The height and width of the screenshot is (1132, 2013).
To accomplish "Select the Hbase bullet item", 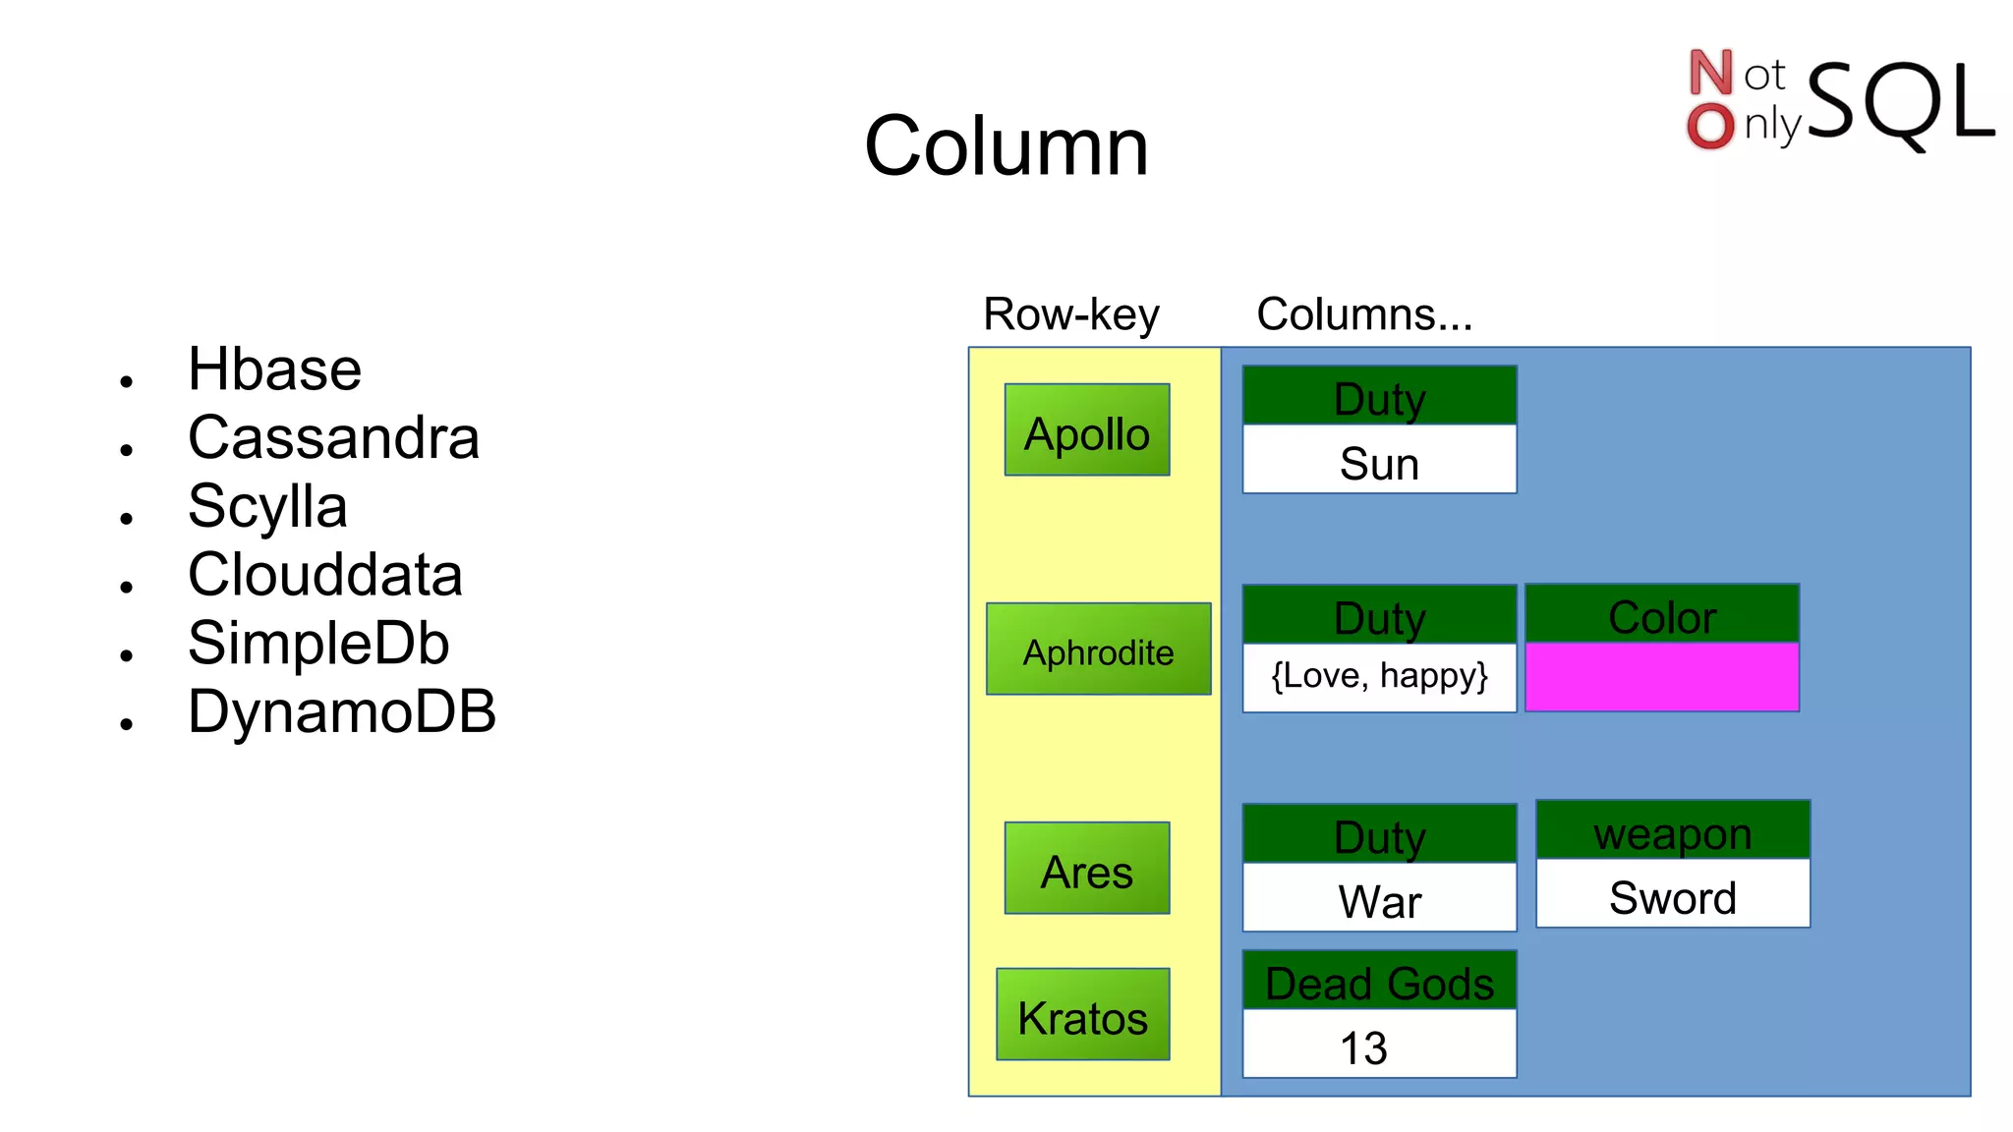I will (274, 369).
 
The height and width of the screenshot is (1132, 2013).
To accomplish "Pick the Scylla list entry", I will (267, 506).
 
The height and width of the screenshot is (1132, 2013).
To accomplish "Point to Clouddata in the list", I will (324, 575).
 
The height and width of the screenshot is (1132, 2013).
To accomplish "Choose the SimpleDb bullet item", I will (318, 644).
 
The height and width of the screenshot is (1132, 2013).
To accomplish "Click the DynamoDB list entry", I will (342, 711).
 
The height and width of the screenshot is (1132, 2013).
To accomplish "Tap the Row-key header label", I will (1070, 314).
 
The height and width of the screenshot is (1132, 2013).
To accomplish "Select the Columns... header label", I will (1364, 314).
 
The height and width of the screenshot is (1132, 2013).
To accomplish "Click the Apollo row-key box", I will (1087, 430).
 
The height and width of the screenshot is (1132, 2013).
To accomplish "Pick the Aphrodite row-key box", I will (1098, 650).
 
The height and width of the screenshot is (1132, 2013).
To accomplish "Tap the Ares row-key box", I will (1087, 869).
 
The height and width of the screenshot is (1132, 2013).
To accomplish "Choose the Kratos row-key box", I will (1082, 1015).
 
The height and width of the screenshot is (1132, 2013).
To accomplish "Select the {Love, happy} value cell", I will (1379, 677).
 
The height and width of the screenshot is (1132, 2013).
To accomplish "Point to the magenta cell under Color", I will (1662, 677).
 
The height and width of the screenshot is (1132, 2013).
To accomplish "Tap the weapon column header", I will (1673, 831).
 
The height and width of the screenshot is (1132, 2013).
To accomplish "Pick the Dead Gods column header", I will (1379, 981).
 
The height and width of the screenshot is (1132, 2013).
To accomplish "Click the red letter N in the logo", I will (1710, 73).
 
